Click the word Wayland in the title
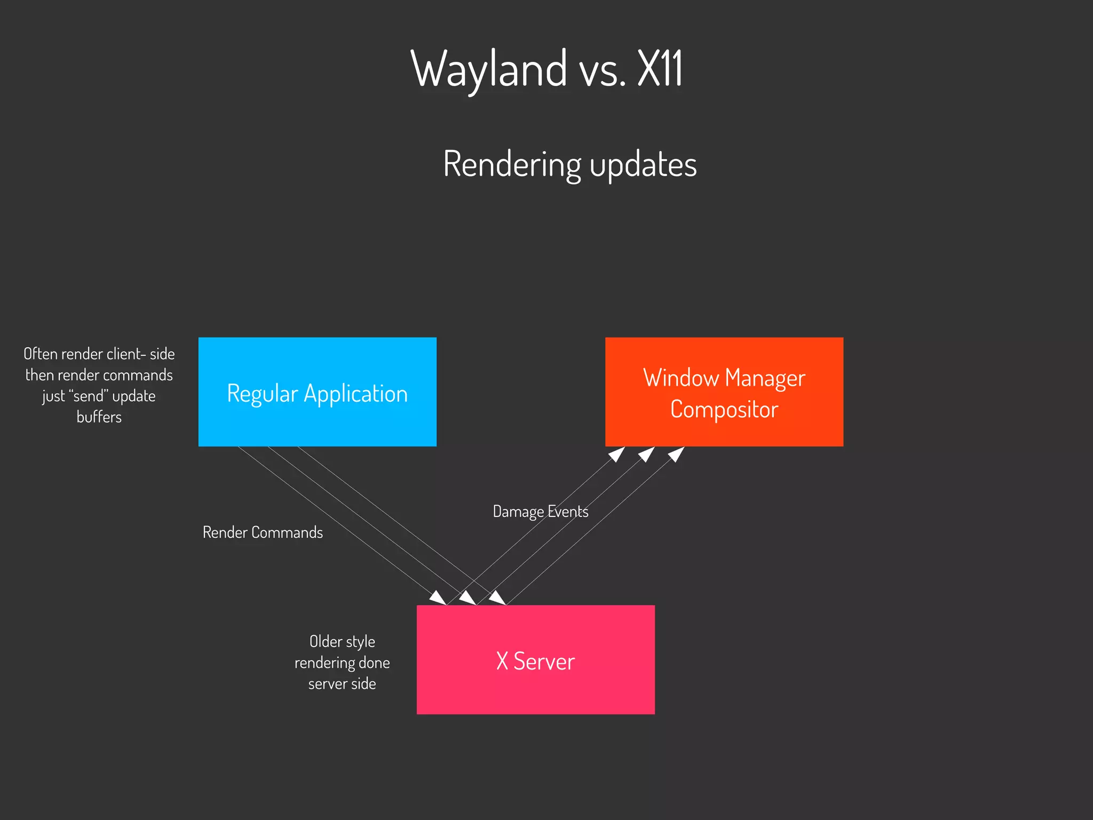pyautogui.click(x=488, y=69)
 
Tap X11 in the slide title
pyautogui.click(x=660, y=69)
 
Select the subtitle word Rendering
pyautogui.click(x=512, y=164)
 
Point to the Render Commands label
pyautogui.click(x=263, y=532)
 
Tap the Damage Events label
pyautogui.click(x=540, y=512)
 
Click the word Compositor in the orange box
pyautogui.click(x=724, y=410)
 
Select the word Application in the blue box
pyautogui.click(x=355, y=394)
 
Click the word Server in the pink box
pyautogui.click(x=544, y=662)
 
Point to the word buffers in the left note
pyautogui.click(x=99, y=417)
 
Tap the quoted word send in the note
pyautogui.click(x=89, y=396)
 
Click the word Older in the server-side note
pyautogui.click(x=325, y=641)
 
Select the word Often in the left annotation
pyautogui.click(x=41, y=354)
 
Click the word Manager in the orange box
pyautogui.click(x=765, y=378)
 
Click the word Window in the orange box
pyautogui.click(x=681, y=378)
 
